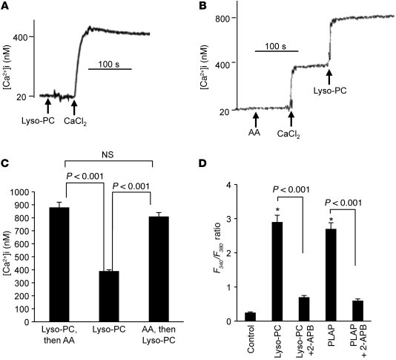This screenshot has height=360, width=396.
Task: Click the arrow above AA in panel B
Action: click(x=255, y=118)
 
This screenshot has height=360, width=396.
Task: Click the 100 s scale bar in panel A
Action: click(x=110, y=69)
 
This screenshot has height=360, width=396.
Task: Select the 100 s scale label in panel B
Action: click(x=277, y=45)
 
